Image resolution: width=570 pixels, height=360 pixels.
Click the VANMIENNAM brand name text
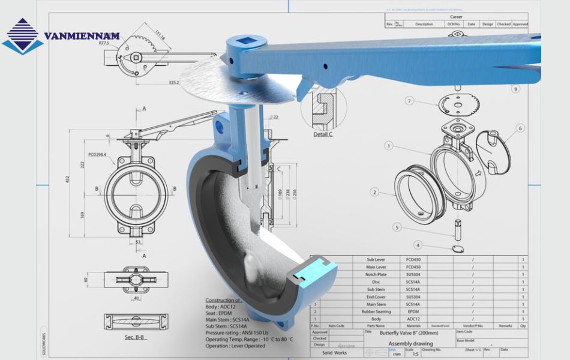(x=82, y=37)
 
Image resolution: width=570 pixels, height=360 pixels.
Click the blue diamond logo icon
(x=22, y=36)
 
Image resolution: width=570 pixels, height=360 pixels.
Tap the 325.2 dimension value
(x=175, y=82)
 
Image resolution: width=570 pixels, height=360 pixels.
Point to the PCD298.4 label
(x=97, y=155)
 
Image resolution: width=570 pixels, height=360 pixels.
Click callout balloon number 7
(x=409, y=101)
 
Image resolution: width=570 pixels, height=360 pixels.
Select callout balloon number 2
(x=374, y=193)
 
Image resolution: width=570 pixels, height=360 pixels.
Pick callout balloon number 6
(x=520, y=128)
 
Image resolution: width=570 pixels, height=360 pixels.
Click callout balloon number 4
(x=418, y=245)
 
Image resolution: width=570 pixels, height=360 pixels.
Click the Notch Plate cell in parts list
(x=376, y=274)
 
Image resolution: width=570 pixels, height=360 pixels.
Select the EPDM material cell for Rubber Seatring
(x=413, y=312)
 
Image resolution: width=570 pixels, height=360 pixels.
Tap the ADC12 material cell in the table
(x=413, y=319)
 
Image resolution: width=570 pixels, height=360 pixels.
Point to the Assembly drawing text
(x=411, y=344)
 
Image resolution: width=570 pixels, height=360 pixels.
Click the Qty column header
(x=523, y=326)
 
